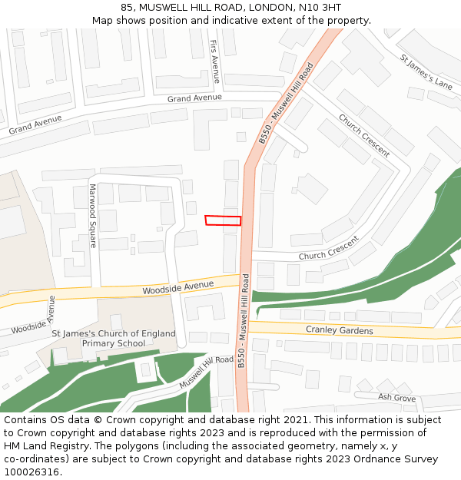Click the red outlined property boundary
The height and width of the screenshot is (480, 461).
[223, 220]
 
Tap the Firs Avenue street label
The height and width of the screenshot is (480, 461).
[214, 61]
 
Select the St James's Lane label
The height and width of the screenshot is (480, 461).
[426, 71]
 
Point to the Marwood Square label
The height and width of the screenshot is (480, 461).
[93, 216]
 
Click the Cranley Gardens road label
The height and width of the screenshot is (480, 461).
[339, 330]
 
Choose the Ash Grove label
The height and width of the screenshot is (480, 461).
[396, 397]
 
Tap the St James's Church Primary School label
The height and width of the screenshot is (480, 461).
[114, 339]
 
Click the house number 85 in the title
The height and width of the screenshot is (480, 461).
[128, 7]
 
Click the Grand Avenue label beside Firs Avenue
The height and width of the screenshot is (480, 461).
[194, 98]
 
